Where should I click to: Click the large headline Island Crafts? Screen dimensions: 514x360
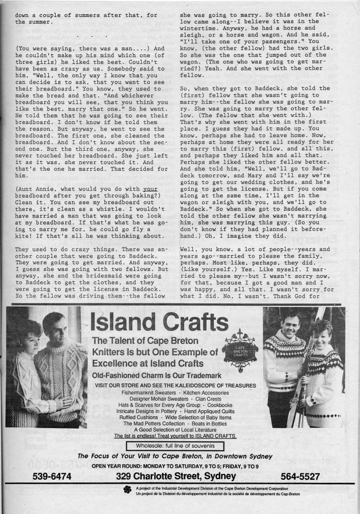[160, 323]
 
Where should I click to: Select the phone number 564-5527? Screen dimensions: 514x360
[300, 477]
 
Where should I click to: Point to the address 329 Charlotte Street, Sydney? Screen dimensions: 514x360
[176, 477]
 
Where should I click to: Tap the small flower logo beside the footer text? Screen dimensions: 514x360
[127, 491]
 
